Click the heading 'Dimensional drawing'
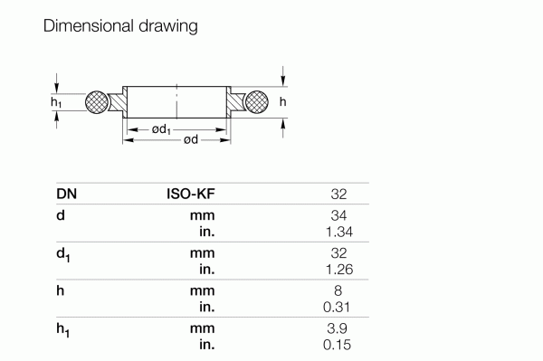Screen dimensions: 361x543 pos(120,26)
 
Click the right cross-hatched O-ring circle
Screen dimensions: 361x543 pos(256,102)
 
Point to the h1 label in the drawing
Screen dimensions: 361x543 pos(56,103)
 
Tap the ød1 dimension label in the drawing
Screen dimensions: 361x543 pos(162,130)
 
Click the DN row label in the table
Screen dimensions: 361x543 pos(66,194)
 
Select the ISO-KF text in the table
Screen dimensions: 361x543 pos(190,194)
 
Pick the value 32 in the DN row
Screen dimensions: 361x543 pos(339,194)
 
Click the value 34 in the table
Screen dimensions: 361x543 pos(339,216)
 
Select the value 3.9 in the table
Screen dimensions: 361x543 pos(338,330)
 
